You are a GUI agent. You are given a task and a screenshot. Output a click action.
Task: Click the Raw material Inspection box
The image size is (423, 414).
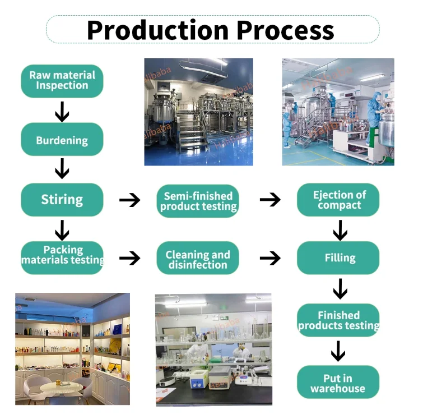pyautogui.click(x=62, y=81)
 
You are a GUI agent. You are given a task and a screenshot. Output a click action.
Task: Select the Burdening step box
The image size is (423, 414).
pyautogui.click(x=62, y=140)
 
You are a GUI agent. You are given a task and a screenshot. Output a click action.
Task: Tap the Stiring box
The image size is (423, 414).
pyautogui.click(x=62, y=199)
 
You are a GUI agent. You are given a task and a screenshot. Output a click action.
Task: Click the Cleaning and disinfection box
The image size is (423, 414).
pyautogui.click(x=198, y=259)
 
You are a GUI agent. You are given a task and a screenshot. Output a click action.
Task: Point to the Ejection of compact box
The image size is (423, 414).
pyautogui.click(x=338, y=200)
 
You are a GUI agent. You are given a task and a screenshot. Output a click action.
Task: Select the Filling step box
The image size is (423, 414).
pyautogui.click(x=338, y=258)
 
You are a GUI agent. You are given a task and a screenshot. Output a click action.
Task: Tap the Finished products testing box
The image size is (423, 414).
pyautogui.click(x=338, y=320)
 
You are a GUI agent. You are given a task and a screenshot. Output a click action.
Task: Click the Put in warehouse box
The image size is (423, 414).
pyautogui.click(x=338, y=383)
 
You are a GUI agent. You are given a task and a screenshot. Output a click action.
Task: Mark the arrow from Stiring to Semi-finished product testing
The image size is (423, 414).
pyautogui.click(x=130, y=200)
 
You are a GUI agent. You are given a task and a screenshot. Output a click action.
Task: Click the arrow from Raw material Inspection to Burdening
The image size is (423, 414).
pyautogui.click(x=62, y=111)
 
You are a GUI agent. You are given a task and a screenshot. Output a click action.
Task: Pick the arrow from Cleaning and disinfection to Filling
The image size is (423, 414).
pyautogui.click(x=270, y=258)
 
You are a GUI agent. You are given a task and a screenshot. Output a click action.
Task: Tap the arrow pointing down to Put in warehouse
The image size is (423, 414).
pyautogui.click(x=338, y=352)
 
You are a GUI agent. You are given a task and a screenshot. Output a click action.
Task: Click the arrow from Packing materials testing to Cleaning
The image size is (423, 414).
pyautogui.click(x=130, y=258)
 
